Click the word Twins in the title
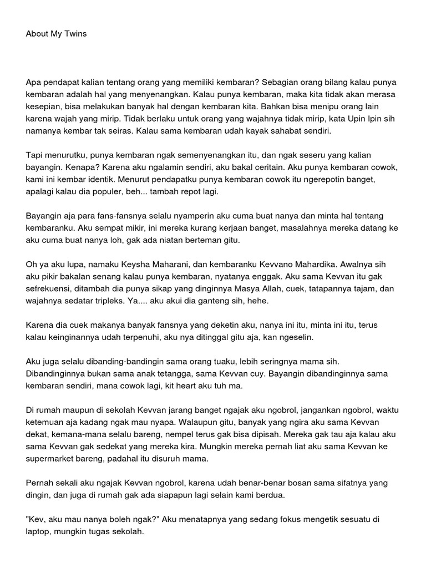pyautogui.click(x=75, y=34)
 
